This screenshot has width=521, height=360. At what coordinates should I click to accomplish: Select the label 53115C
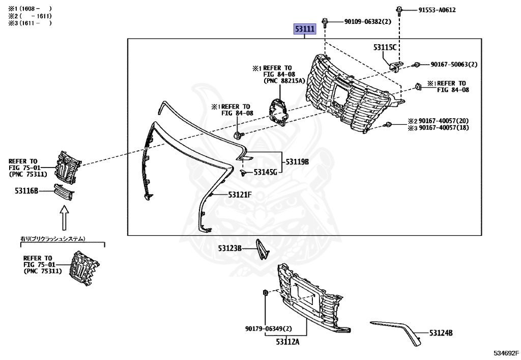[384, 47]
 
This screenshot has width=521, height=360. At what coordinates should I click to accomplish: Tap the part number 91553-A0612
[437, 10]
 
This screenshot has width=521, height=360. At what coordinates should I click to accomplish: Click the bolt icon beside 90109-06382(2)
[326, 22]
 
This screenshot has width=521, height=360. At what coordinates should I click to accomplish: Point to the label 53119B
[297, 162]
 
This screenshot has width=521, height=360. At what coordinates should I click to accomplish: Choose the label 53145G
[265, 172]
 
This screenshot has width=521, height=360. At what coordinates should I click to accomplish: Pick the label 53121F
[240, 195]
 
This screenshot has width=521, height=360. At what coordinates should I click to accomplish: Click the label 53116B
[26, 191]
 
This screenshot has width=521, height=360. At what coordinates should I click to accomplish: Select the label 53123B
[230, 248]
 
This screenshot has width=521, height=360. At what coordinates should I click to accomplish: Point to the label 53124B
[441, 333]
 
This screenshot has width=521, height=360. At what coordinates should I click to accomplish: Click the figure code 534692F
[505, 352]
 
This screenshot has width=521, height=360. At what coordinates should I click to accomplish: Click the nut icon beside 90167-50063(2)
[416, 65]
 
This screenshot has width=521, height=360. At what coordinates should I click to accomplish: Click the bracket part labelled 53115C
[395, 65]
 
